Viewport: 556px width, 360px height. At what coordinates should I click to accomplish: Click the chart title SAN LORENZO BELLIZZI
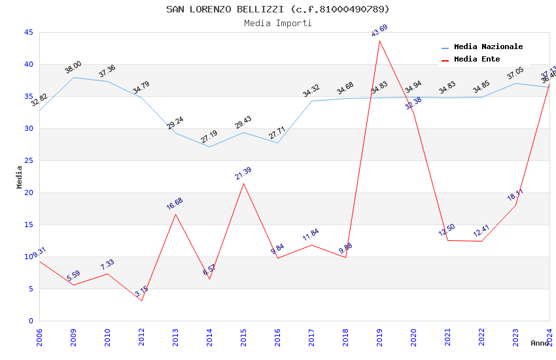(x=278, y=9)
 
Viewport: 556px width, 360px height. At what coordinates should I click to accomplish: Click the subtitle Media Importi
(x=278, y=23)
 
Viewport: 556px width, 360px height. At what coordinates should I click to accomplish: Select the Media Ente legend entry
(x=477, y=60)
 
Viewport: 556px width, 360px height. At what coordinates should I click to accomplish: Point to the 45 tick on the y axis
(x=28, y=32)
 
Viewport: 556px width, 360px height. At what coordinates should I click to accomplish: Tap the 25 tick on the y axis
(x=28, y=160)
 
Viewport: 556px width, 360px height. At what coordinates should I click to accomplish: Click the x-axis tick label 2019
(x=379, y=339)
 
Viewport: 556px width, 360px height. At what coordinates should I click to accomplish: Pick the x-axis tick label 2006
(x=39, y=339)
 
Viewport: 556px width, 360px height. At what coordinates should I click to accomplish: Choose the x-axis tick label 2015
(x=243, y=339)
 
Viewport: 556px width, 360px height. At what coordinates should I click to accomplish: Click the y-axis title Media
(x=20, y=177)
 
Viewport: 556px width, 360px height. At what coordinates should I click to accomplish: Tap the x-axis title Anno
(x=540, y=343)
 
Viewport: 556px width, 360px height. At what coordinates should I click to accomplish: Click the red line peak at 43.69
(x=379, y=41)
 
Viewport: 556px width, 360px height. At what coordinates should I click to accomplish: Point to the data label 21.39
(x=243, y=173)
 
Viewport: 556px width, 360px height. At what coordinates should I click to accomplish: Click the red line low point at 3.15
(x=141, y=300)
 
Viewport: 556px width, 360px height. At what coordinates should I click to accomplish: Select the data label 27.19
(x=209, y=137)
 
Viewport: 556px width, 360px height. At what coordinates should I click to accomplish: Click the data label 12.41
(x=481, y=231)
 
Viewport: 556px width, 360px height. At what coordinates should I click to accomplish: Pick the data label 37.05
(x=515, y=73)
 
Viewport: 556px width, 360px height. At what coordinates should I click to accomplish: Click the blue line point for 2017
(x=311, y=101)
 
